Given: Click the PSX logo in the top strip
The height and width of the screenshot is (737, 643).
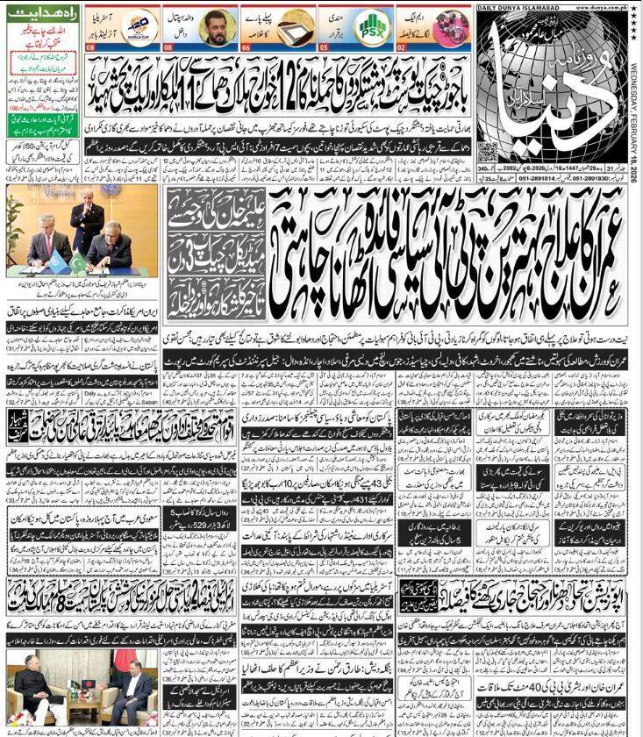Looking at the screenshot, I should click(372, 27).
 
